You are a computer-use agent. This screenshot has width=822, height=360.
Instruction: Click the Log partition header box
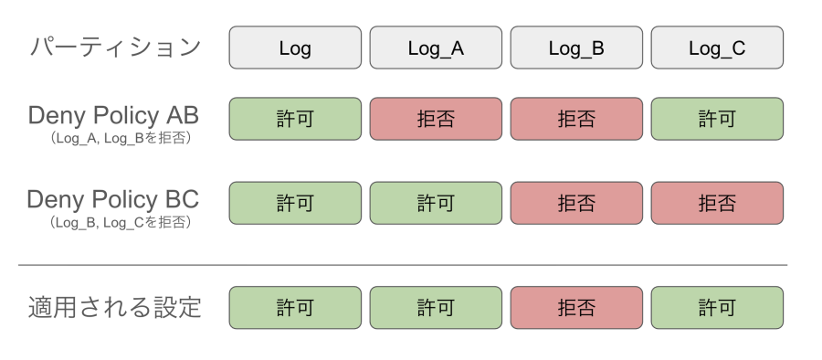click(294, 48)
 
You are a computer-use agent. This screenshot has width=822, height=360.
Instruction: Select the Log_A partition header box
click(436, 48)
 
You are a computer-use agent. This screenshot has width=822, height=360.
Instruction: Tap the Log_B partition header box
click(576, 48)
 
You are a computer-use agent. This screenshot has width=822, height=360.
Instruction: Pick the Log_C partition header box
click(717, 48)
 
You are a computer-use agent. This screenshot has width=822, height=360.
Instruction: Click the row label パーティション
click(115, 48)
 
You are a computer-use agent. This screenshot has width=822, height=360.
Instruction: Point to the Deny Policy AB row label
click(113, 116)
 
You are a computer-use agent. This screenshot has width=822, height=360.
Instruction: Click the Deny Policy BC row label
click(113, 199)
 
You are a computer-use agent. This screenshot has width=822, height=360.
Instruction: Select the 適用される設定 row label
click(115, 307)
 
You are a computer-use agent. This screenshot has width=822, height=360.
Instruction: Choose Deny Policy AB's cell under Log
click(294, 119)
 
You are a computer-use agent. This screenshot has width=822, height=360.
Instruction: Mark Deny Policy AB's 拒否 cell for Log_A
click(436, 119)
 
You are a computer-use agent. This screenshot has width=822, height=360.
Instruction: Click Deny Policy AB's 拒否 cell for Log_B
click(576, 119)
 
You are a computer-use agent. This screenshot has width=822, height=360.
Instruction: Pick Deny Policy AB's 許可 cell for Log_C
click(717, 119)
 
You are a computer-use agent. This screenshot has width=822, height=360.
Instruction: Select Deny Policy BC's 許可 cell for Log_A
click(436, 203)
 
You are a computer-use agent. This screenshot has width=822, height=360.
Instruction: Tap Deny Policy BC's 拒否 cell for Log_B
click(576, 203)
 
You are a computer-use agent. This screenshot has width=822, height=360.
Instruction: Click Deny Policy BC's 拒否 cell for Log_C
click(717, 203)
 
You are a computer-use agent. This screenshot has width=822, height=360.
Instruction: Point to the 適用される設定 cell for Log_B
click(576, 308)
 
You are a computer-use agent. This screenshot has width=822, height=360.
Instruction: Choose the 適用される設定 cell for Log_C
click(717, 308)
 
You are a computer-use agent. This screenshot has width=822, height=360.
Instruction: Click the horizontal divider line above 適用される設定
click(403, 265)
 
